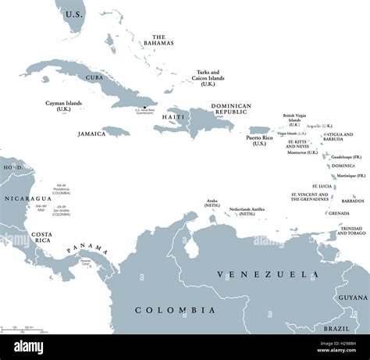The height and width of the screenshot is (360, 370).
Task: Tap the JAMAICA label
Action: [91, 134]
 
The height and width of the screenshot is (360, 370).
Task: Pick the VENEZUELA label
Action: [258, 274]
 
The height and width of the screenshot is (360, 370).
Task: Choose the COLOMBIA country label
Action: [175, 310]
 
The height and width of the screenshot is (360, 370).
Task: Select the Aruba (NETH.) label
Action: [213, 205]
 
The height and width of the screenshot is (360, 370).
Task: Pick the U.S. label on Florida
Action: [74, 15]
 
